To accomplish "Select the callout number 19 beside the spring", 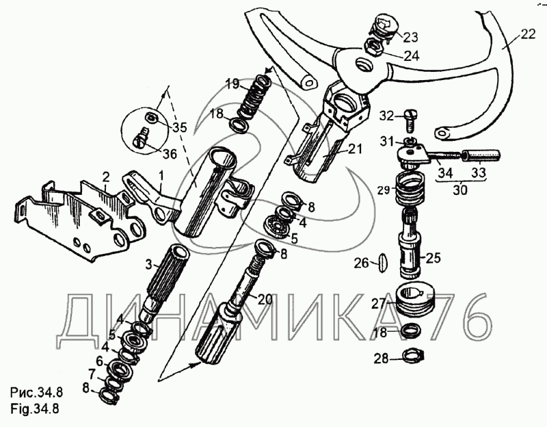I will point(232,84).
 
